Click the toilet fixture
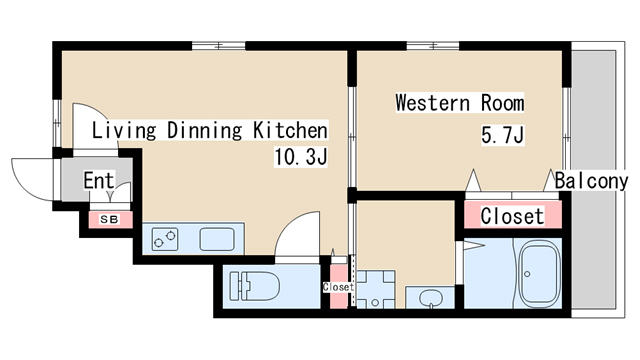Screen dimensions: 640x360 point(254,286)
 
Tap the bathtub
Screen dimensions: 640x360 point(538,273)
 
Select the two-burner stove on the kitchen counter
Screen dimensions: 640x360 point(165,239)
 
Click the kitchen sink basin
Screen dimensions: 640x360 point(217,239)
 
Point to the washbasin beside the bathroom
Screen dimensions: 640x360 point(429,297)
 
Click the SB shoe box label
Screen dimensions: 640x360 point(109,220)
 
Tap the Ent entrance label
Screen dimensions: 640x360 point(99,180)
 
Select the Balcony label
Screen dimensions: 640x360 point(591,181)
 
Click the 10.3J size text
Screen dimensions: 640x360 point(301,157)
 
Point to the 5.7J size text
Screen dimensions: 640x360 point(502,135)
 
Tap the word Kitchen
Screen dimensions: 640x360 point(290,130)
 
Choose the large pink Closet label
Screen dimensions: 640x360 point(512,216)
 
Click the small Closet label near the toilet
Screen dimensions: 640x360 point(338,287)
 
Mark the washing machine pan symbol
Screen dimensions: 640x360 point(376,289)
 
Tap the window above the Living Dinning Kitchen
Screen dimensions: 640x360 point(219,46)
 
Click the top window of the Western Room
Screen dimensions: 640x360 point(433,46)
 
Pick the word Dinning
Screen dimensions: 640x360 point(204,130)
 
